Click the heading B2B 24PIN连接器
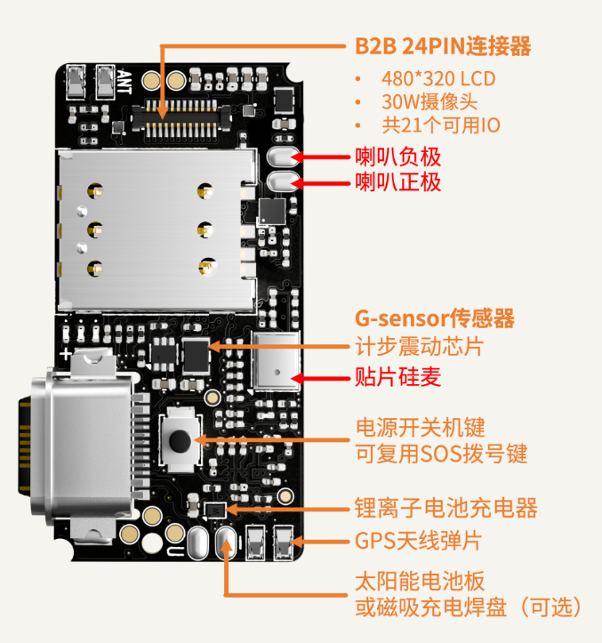[443, 46]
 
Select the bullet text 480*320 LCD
[438, 79]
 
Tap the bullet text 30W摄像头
[429, 102]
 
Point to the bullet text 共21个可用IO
[441, 125]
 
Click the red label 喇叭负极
[397, 157]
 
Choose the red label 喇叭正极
[397, 182]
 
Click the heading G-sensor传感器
[434, 318]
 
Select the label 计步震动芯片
[419, 347]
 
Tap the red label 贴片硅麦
[397, 377]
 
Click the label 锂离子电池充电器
[445, 508]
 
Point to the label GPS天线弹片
[418, 541]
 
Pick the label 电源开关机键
[421, 428]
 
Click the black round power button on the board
[180, 440]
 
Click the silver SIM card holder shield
[156, 229]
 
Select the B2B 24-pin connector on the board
[181, 119]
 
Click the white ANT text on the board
[124, 82]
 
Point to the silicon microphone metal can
[276, 361]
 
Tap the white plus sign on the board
[66, 354]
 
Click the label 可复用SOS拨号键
[441, 454]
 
